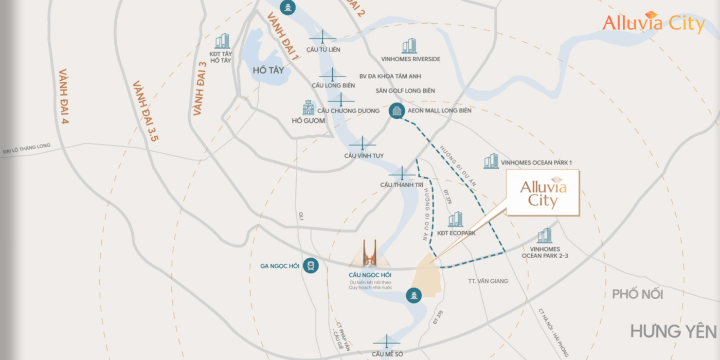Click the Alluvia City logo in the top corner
pos(654,23)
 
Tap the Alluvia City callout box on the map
pos(543,193)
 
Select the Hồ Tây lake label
pos(268,70)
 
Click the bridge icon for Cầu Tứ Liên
pos(323,38)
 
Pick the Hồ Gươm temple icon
pos(308,108)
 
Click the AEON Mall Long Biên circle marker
pos(396,111)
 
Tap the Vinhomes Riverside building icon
pos(409,46)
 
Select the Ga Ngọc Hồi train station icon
pos(311,266)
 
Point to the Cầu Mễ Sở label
pos(388,354)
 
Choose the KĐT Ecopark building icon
pos(455,220)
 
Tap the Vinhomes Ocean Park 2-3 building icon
pos(544,236)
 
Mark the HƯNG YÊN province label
pos(673,331)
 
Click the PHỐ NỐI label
pos(637,294)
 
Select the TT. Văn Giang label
pos(488,281)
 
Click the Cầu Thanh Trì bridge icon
pos(402,173)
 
